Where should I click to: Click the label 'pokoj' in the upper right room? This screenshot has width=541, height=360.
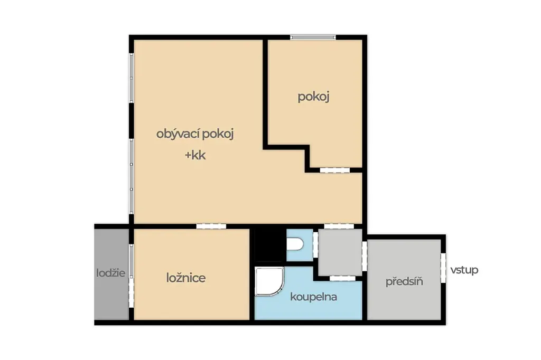click(x=313, y=97)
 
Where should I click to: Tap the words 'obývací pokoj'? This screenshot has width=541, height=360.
click(x=195, y=134)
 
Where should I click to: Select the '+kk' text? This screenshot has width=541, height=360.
click(x=195, y=155)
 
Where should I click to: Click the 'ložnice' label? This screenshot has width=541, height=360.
click(x=186, y=278)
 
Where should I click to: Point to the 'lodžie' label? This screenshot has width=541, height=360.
click(x=111, y=273)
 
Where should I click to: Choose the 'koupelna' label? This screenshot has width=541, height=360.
click(x=313, y=297)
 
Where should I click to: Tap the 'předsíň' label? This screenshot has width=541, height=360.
click(x=404, y=282)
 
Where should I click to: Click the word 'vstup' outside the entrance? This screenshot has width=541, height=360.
click(x=464, y=270)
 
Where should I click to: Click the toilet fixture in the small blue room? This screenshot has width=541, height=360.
click(x=295, y=244)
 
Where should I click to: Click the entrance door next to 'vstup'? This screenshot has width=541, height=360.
click(x=443, y=268)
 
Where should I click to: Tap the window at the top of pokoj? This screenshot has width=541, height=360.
click(x=313, y=37)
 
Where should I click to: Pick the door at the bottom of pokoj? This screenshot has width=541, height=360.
click(x=334, y=170)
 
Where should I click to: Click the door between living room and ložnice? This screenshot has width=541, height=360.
click(x=211, y=226)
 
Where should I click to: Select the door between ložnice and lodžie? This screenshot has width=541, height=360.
click(x=131, y=276)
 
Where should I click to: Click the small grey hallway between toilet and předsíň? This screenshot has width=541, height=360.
click(x=340, y=252)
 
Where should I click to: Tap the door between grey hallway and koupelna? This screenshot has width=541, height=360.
click(x=342, y=278)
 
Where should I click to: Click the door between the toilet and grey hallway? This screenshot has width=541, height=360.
click(x=315, y=245)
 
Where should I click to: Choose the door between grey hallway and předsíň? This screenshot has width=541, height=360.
click(x=365, y=256)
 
